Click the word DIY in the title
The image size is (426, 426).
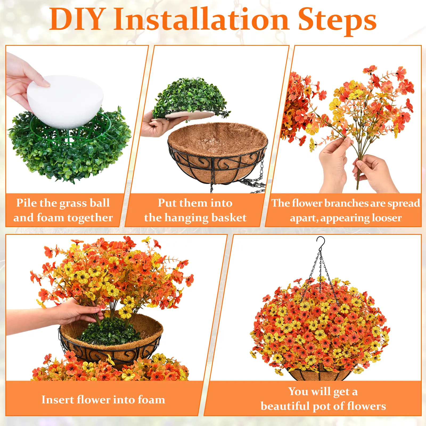tap(76, 19)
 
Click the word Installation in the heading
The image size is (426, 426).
tap(201, 19)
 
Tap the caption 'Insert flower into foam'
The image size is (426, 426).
tap(103, 400)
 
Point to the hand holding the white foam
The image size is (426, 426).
tap(24, 80)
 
